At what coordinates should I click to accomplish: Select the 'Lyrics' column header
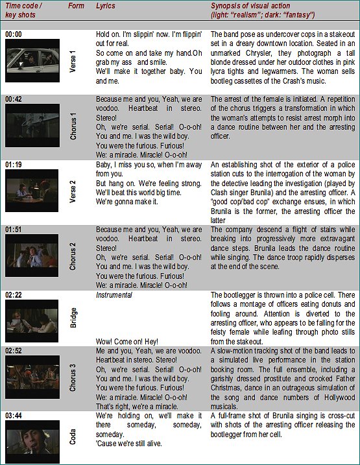[106, 6]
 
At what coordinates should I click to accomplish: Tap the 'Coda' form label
[73, 438]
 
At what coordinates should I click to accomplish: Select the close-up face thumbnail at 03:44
[30, 440]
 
